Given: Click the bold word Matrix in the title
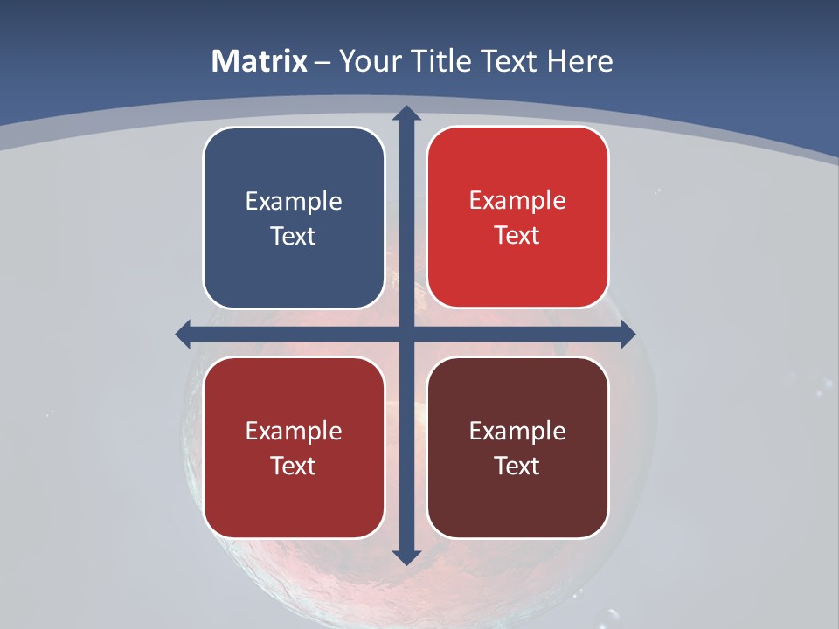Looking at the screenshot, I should click(x=260, y=61).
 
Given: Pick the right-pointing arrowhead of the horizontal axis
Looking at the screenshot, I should click(x=627, y=333).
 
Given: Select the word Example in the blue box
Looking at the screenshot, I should click(x=294, y=202).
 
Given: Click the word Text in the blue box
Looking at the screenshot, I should click(x=294, y=236).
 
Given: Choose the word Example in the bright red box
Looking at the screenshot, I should click(x=517, y=201).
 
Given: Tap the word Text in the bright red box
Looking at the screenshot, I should click(x=517, y=235).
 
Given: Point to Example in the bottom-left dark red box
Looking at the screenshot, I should click(x=294, y=432).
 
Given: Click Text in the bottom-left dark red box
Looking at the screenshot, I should click(x=294, y=466).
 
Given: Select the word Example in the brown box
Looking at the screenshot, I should click(x=517, y=432).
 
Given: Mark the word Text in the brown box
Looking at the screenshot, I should click(x=517, y=466).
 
